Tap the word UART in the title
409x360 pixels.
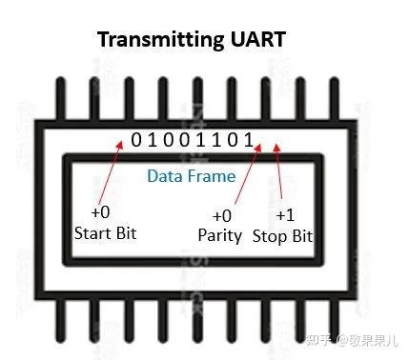click(x=254, y=41)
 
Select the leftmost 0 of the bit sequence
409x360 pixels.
click(x=136, y=140)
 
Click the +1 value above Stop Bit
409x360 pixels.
click(x=286, y=215)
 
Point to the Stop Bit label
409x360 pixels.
click(x=284, y=235)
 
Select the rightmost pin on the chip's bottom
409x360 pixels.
click(x=346, y=321)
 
